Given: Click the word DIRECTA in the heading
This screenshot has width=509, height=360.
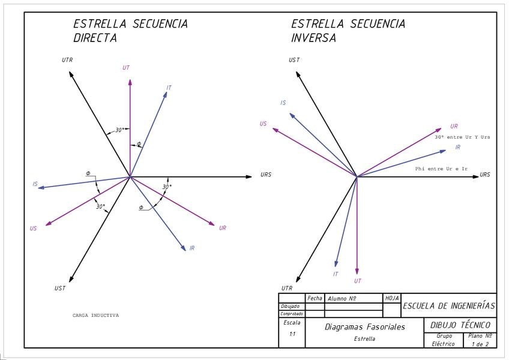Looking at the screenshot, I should click(x=95, y=38).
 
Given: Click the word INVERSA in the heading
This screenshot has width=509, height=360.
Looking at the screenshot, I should click(x=313, y=38).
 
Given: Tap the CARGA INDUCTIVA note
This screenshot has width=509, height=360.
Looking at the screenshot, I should click(x=95, y=315).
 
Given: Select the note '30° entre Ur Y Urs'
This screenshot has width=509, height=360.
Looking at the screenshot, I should click(x=462, y=137).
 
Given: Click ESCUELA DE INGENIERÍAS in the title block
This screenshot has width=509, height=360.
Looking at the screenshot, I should click(x=448, y=306).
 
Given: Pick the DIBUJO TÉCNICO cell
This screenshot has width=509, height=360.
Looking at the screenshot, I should click(x=460, y=325).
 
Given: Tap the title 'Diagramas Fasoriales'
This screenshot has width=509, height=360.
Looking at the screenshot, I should click(x=364, y=327).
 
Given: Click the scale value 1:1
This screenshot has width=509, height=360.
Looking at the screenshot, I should click(x=292, y=334).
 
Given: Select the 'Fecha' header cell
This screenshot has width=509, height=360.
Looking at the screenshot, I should click(x=315, y=298).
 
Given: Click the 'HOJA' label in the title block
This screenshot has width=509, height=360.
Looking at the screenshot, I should click(x=391, y=298).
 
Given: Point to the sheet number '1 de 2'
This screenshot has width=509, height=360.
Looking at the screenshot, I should click(x=481, y=344).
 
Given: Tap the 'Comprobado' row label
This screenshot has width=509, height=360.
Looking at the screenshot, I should click(x=292, y=314).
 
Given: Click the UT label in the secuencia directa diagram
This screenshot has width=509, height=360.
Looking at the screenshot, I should click(x=126, y=68).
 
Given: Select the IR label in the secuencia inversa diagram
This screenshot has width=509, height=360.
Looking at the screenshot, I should click(x=457, y=147).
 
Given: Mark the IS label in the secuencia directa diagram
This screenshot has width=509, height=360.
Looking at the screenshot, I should click(x=35, y=184).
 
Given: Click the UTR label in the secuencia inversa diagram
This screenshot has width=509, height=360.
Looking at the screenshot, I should click(x=287, y=289).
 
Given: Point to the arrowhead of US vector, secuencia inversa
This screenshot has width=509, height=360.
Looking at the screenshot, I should click(x=274, y=129).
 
